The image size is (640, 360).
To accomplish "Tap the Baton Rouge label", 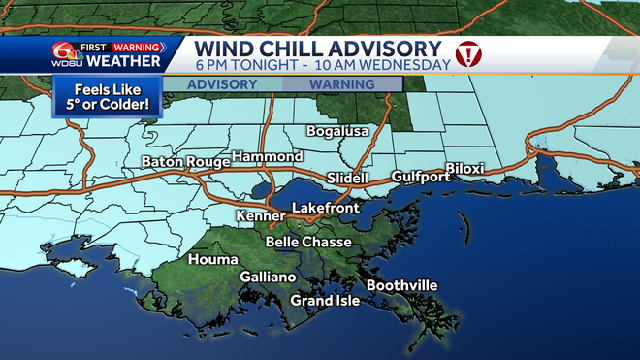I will click(181, 161).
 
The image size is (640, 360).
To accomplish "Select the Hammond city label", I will click(268, 156).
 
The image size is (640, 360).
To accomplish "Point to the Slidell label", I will click(348, 179).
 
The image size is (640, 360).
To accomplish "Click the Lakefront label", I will click(326, 209).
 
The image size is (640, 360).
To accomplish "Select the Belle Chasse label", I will click(308, 242).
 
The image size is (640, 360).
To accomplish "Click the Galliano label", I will click(268, 277).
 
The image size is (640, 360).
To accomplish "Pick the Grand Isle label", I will click(325, 301).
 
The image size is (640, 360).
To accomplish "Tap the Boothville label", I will click(401, 285).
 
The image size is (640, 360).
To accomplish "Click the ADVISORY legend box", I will click(222, 84).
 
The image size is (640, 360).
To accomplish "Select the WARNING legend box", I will click(341, 84).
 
